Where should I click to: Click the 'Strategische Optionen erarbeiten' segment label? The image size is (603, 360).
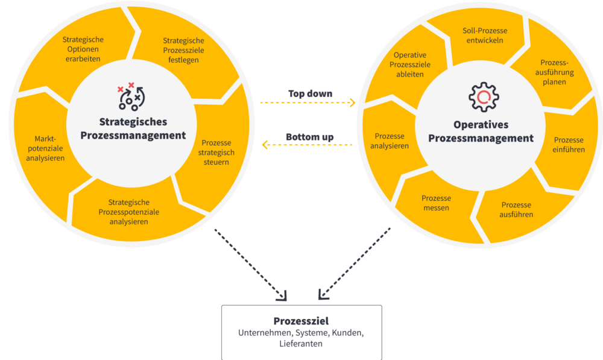pos(83,49)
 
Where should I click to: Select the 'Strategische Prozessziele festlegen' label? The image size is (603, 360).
pos(183,51)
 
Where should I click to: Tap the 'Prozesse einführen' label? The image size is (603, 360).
pos(569,145)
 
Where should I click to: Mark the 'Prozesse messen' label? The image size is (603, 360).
pos(436,203)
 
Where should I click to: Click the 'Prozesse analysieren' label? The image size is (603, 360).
pos(390,141)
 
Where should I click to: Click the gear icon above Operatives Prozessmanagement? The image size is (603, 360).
pos(484,98)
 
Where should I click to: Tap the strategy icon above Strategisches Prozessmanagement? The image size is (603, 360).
pos(129,96)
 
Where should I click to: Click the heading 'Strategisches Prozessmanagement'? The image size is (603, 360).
pos(133,128)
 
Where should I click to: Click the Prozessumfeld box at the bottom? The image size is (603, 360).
pos(301,332)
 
